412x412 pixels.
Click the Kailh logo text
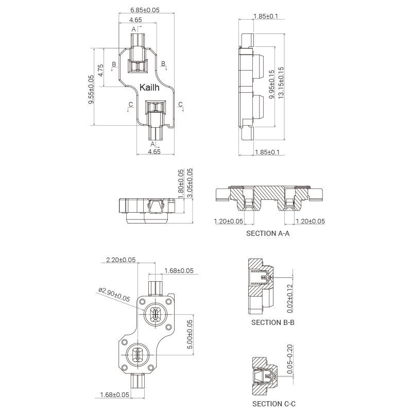tap(149, 87)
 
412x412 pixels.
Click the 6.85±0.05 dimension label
tap(145, 10)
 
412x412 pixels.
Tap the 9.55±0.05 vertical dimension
tap(91, 89)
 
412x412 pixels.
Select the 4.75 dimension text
tap(100, 71)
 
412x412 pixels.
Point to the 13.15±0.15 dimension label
tap(281, 83)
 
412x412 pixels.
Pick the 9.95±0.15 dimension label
tap(272, 84)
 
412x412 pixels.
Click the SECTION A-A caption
tap(268, 233)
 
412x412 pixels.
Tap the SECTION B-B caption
tap(273, 322)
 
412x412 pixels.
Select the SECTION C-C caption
tap(274, 404)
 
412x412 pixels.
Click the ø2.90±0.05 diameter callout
tap(114, 295)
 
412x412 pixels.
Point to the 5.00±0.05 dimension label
tap(190, 334)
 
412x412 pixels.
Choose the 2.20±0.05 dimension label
tap(121, 260)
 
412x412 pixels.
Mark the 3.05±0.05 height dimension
tap(190, 183)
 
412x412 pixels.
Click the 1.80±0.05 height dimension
tap(181, 184)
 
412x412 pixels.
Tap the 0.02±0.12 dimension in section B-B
tap(290, 299)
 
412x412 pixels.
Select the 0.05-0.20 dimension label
tap(290, 359)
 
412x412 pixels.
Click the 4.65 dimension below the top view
tap(154, 151)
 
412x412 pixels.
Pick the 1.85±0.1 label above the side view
tap(266, 16)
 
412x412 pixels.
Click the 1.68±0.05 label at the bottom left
tap(114, 394)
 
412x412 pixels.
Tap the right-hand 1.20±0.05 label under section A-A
tap(311, 221)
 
